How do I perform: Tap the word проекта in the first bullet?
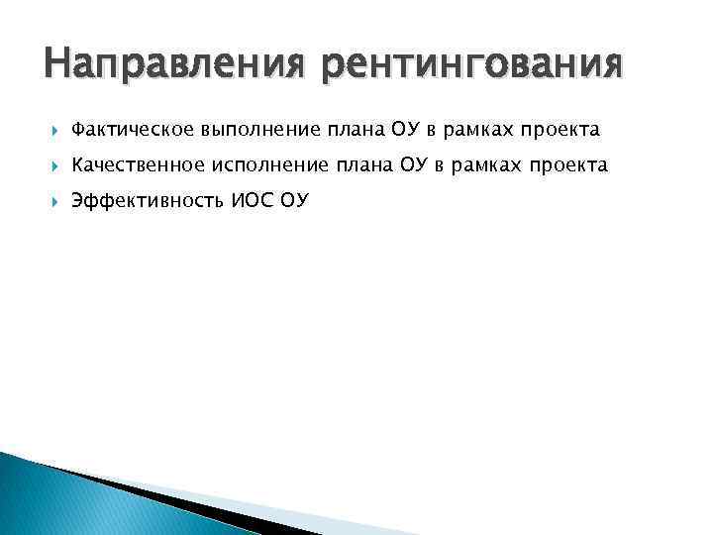(x=561, y=130)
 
